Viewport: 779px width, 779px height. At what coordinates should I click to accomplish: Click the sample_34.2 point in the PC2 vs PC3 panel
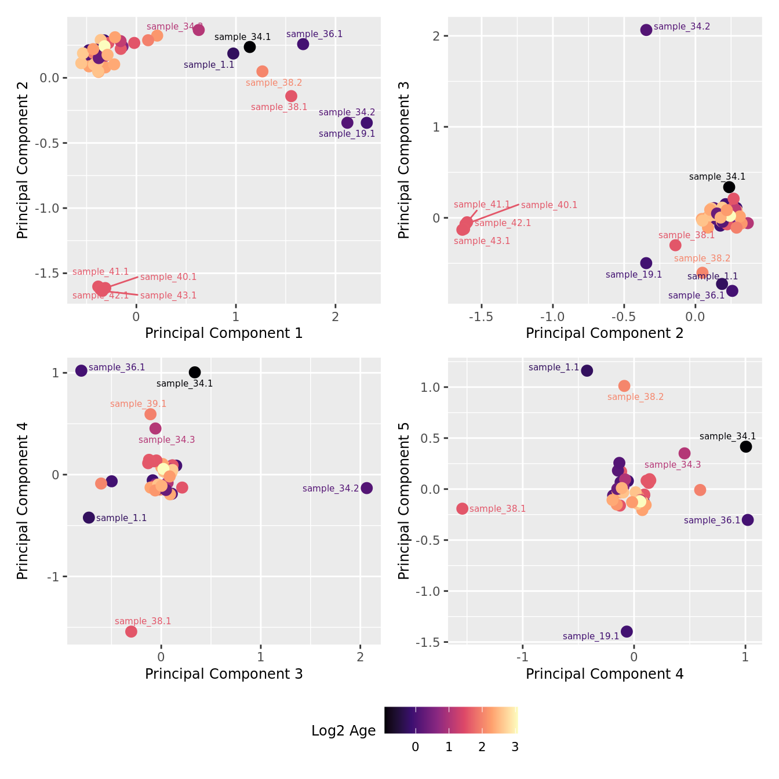point(646,30)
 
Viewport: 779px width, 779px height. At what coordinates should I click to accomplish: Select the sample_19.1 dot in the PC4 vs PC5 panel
point(627,631)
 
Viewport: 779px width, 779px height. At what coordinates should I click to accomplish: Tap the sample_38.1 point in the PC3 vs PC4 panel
point(131,631)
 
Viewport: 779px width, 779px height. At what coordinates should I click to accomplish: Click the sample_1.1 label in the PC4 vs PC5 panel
point(554,367)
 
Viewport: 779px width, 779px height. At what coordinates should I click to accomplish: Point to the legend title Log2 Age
point(343,731)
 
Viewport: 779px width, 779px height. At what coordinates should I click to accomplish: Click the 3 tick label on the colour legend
point(515,747)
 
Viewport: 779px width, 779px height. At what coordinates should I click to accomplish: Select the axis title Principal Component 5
point(404,500)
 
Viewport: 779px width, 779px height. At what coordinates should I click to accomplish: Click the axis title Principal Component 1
point(224,333)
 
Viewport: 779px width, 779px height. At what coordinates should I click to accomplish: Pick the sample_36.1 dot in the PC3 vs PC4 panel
point(81,370)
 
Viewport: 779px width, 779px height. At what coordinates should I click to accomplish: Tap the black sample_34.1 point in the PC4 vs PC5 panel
point(746,446)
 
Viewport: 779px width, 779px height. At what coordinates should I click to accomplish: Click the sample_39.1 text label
point(138,404)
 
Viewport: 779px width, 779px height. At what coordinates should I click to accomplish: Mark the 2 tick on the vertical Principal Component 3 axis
point(436,36)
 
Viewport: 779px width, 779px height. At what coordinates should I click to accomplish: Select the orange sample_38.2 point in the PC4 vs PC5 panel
point(624,385)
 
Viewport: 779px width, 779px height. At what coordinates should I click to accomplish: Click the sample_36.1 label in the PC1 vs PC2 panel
point(314,34)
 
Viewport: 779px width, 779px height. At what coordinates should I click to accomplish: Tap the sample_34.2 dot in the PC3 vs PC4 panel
point(366,488)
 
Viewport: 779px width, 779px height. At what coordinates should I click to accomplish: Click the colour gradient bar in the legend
point(451,720)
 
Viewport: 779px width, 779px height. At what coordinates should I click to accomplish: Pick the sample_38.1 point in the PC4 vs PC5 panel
point(462,508)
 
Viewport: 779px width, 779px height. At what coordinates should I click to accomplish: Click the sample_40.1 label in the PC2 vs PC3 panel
point(549,205)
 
